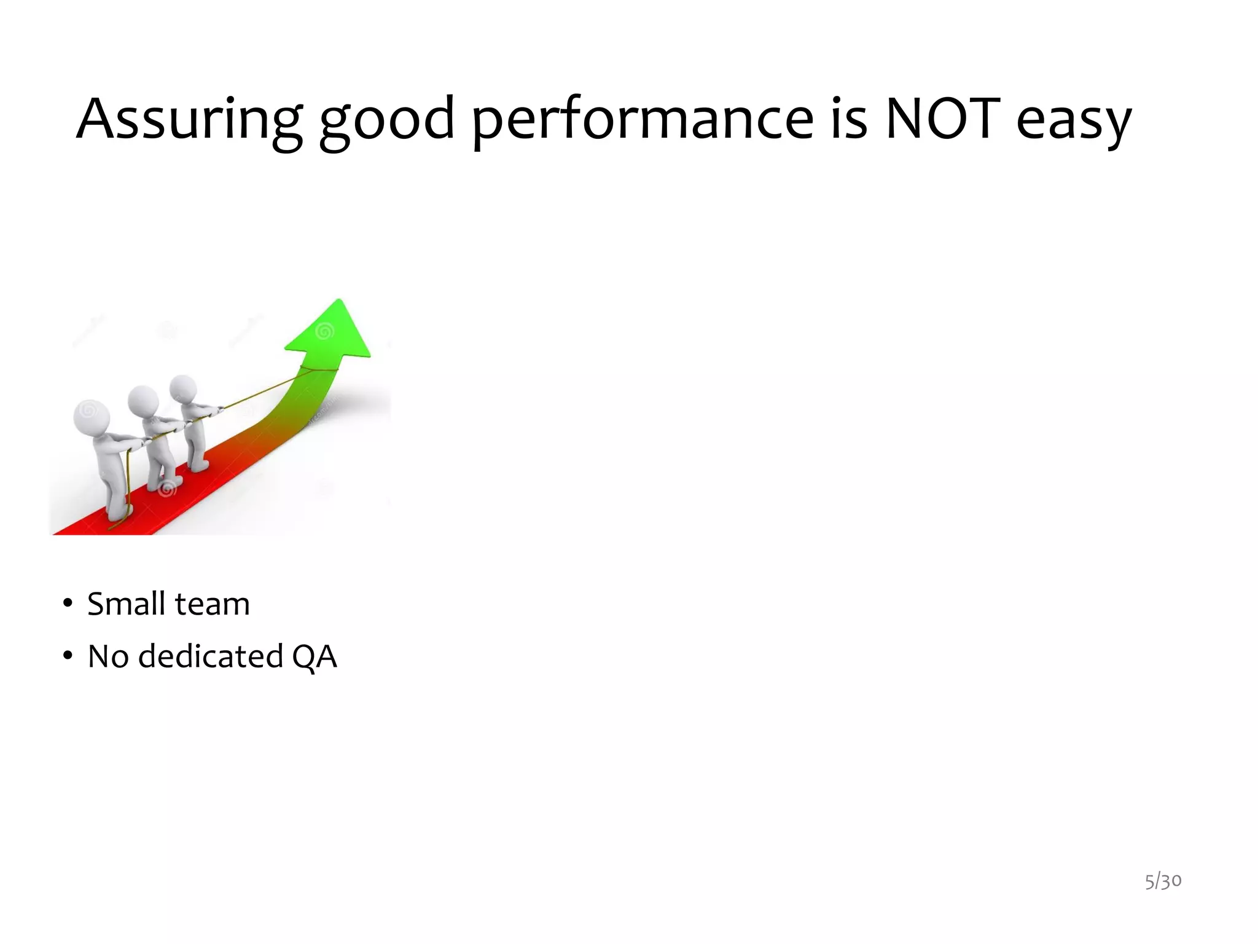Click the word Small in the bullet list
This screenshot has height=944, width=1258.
pyautogui.click(x=127, y=604)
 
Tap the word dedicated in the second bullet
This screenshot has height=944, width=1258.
pyautogui.click(x=210, y=656)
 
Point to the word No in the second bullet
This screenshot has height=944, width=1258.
pyautogui.click(x=108, y=656)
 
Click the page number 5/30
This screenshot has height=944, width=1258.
pyautogui.click(x=1163, y=881)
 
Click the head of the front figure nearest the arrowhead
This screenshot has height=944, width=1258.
pyautogui.click(x=183, y=389)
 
